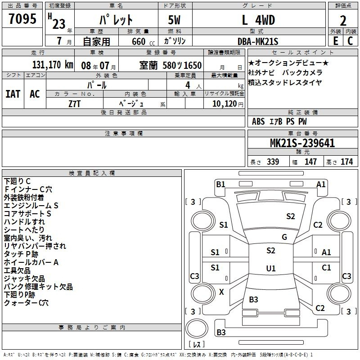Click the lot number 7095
click(x=22, y=18)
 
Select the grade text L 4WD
click(x=258, y=20)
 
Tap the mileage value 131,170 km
click(x=53, y=65)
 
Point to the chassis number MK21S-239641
click(x=302, y=143)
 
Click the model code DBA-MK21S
click(x=258, y=41)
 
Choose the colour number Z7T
click(x=74, y=104)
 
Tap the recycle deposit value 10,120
click(x=225, y=104)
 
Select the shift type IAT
click(x=13, y=94)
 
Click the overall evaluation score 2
click(x=343, y=21)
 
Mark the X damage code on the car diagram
click(x=221, y=292)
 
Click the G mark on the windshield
click(x=284, y=237)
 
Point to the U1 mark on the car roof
click(x=271, y=268)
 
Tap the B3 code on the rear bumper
click(x=221, y=332)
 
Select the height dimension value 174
click(x=346, y=162)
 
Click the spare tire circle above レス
click(x=197, y=328)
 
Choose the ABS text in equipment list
click(x=258, y=121)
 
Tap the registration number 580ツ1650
click(x=182, y=65)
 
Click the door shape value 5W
click(x=174, y=20)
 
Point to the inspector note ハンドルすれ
click(x=24, y=222)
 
